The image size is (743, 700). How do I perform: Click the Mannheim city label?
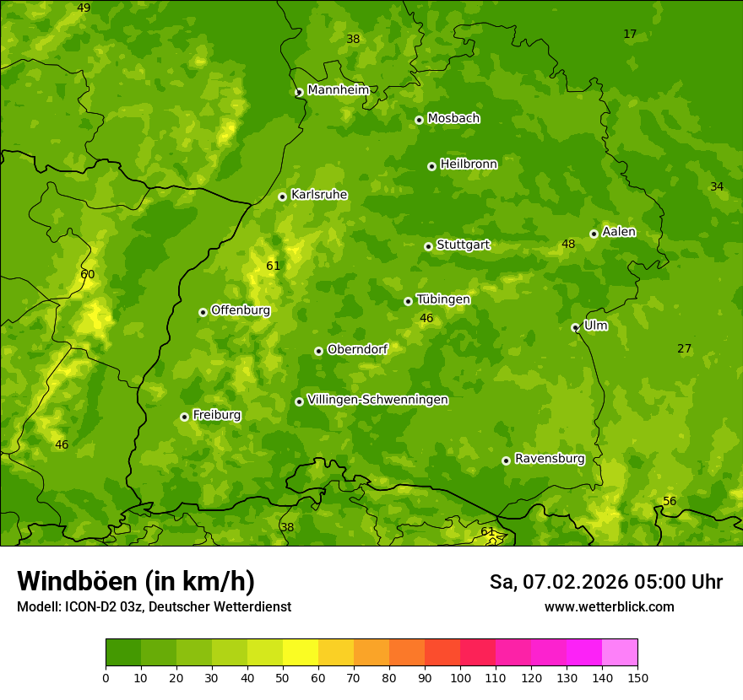(x=339, y=90)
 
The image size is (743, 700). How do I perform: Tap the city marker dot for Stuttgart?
(x=428, y=246)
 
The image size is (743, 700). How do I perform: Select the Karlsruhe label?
(x=319, y=195)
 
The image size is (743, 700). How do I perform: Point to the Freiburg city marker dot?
(x=184, y=417)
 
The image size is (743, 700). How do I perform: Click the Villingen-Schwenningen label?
(x=377, y=400)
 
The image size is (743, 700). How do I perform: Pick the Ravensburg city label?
(x=550, y=459)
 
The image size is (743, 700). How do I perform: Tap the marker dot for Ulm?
(x=575, y=327)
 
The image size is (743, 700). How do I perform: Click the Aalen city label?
(x=619, y=232)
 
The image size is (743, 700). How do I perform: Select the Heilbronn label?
(x=469, y=164)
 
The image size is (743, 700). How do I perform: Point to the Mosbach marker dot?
(x=419, y=120)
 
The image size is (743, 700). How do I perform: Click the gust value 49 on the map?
(x=84, y=8)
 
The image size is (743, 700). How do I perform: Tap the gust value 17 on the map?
(x=630, y=35)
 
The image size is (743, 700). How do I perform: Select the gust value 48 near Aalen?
(x=568, y=245)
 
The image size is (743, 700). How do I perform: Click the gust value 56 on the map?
(x=670, y=502)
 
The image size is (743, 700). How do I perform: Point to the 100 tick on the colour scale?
(x=460, y=677)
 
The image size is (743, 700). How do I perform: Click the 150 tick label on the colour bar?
(x=637, y=677)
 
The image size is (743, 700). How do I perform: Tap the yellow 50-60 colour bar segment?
(x=301, y=653)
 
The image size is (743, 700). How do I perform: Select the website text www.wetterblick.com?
(x=609, y=607)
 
